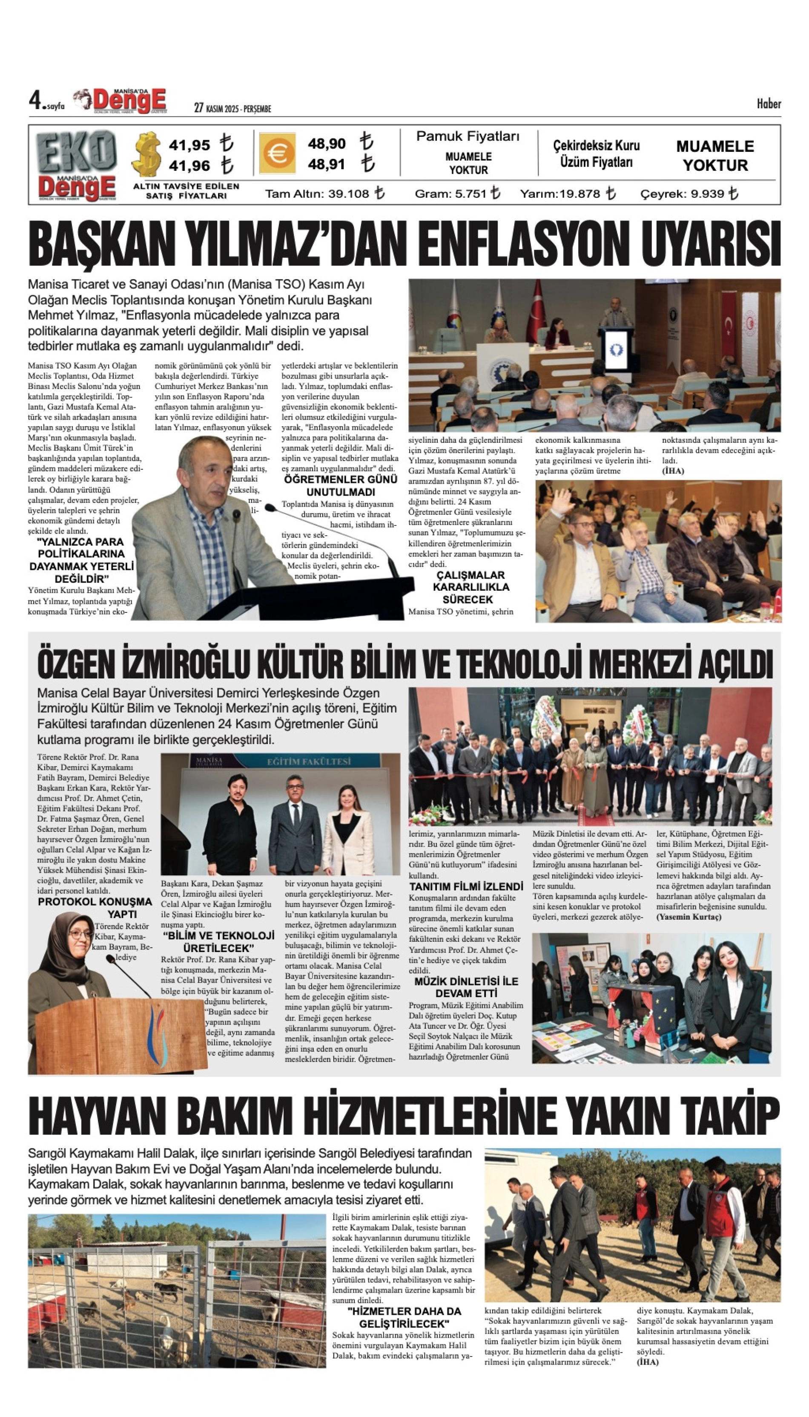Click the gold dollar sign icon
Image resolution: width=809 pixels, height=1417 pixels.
tap(146, 154)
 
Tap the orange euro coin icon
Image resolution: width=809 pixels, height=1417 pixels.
tap(276, 153)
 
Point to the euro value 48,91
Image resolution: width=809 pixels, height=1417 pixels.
tap(327, 164)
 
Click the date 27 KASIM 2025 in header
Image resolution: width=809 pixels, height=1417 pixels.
tap(232, 108)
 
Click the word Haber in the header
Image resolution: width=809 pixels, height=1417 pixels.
tap(769, 104)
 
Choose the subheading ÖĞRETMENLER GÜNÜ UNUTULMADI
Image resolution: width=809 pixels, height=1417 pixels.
tap(341, 485)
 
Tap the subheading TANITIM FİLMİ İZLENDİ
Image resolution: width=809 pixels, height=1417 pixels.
tap(466, 886)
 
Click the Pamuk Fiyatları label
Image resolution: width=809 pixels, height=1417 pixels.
tap(468, 136)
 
